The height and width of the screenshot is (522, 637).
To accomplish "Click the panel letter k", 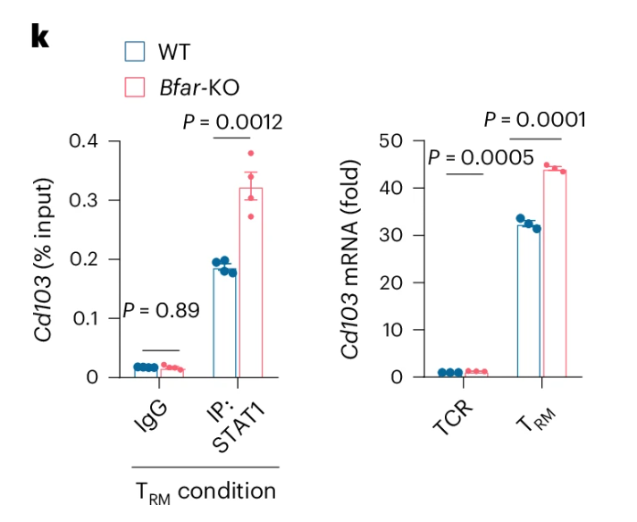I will pyautogui.click(x=40, y=36).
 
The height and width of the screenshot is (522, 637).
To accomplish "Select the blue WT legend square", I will pyautogui.click(x=135, y=51).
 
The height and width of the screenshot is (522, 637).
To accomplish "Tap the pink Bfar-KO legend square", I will pyautogui.click(x=135, y=86).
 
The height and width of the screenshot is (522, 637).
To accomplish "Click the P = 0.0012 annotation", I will pyautogui.click(x=232, y=122).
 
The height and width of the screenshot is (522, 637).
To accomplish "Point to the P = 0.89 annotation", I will pyautogui.click(x=161, y=311).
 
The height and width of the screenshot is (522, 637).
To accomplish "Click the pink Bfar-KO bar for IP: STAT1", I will pyautogui.click(x=251, y=286).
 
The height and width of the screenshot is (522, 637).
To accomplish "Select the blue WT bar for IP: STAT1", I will pyautogui.click(x=225, y=322).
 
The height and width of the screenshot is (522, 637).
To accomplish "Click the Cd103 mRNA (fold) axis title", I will pyautogui.click(x=352, y=259).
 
